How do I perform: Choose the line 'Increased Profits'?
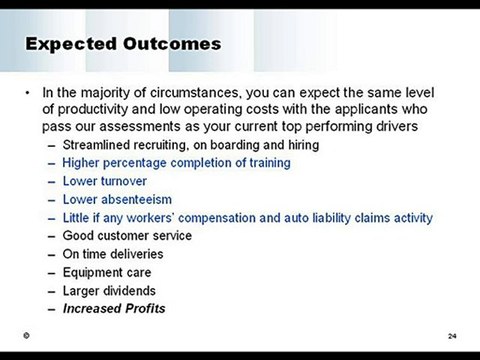tap(114, 308)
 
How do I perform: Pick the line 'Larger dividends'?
tap(109, 290)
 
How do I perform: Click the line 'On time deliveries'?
tap(113, 254)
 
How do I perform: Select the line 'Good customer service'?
tap(127, 236)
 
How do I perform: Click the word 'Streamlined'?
tap(97, 145)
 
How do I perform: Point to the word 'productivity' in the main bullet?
tap(92, 111)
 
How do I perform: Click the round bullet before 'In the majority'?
tap(27, 94)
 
